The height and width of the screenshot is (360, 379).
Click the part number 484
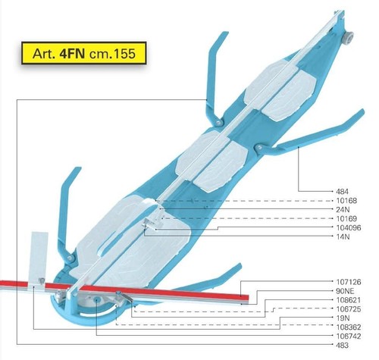click(342, 191)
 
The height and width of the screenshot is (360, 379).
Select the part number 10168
click(346, 201)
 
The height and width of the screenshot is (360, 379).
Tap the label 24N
click(343, 209)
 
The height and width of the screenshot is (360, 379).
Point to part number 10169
click(346, 218)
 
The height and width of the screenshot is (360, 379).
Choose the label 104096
click(349, 227)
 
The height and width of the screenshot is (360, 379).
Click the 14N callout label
click(343, 236)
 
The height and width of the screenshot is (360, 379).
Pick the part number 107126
click(349, 282)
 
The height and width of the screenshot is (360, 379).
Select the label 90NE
click(345, 291)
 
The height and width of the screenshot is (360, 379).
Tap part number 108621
click(349, 300)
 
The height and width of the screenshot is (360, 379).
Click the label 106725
click(349, 309)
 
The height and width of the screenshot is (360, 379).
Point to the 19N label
click(343, 318)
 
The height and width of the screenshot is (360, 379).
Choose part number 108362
click(349, 327)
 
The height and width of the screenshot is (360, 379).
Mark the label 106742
click(349, 337)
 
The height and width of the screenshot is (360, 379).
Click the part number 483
click(342, 345)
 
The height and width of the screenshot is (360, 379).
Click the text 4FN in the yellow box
click(72, 53)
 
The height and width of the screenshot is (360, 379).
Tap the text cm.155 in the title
click(112, 54)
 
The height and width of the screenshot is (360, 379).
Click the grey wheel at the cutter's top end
click(348, 37)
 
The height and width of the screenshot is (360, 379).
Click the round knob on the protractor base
click(97, 299)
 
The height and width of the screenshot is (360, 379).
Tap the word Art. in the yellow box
click(44, 54)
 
